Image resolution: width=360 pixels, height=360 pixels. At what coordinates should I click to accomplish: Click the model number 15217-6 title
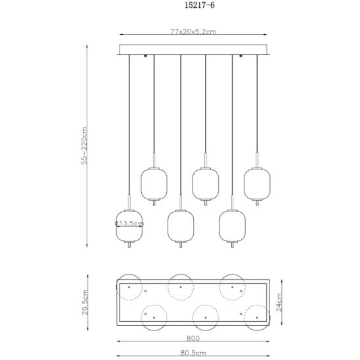[200, 5]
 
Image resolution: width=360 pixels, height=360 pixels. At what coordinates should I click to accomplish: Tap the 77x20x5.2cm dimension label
[193, 32]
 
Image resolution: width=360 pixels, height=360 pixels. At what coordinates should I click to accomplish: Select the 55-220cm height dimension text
[84, 146]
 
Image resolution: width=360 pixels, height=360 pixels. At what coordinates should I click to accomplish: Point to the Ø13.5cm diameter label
[129, 223]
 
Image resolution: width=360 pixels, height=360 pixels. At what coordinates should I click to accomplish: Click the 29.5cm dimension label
[85, 302]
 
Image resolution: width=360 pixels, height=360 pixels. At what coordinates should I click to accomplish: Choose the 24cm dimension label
[279, 302]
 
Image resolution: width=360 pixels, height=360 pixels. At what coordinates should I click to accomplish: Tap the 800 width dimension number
[193, 338]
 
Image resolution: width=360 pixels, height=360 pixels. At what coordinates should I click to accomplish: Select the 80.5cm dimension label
[193, 353]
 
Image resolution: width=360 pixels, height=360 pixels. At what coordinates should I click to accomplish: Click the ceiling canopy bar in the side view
[193, 49]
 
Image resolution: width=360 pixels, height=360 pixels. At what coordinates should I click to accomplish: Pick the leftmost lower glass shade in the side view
[129, 226]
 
